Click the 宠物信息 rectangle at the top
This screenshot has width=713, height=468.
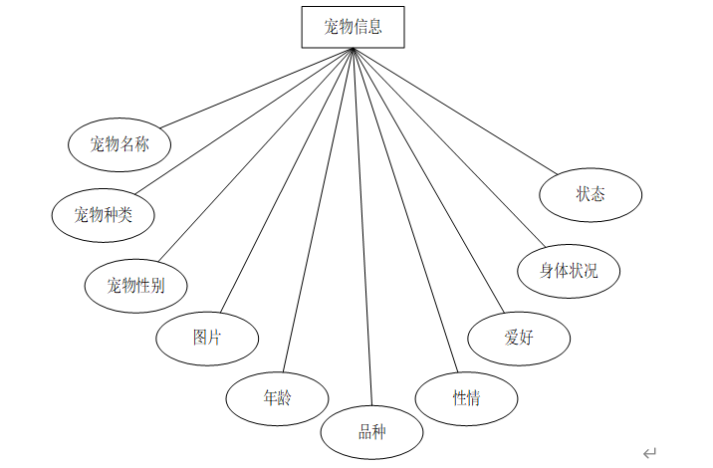[x=354, y=27]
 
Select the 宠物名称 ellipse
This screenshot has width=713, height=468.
[x=119, y=144]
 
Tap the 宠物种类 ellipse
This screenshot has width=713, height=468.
[x=103, y=213]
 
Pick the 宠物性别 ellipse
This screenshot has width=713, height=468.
[x=135, y=286]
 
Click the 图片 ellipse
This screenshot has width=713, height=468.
[x=207, y=337]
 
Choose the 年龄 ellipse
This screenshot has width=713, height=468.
[x=277, y=398]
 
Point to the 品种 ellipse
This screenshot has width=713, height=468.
[x=371, y=431]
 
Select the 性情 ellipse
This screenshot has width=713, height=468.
[x=466, y=398]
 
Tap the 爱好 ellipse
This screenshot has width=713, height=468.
[x=519, y=337]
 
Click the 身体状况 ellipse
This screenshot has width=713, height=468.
[x=569, y=270]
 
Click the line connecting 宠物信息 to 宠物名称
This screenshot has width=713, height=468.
[x=256, y=88]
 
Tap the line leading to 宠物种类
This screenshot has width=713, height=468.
[x=244, y=121]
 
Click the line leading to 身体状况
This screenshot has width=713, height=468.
[x=445, y=147]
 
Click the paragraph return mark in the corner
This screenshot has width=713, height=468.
[x=649, y=452]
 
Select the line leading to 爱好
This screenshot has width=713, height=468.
[x=426, y=181]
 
